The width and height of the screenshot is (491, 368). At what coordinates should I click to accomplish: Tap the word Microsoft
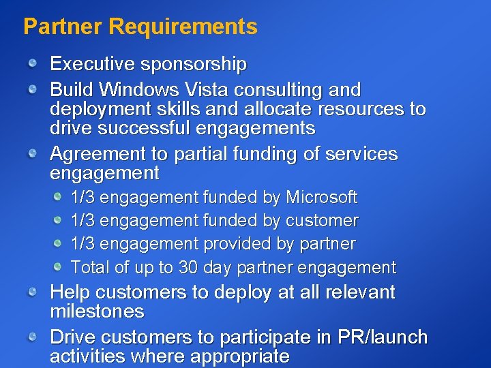[x=321, y=198]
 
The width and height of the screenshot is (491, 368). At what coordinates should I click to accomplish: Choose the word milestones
[x=98, y=311]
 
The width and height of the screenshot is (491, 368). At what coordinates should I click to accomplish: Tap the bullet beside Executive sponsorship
[x=33, y=64]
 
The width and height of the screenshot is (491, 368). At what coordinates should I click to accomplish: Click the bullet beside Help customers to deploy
[x=33, y=292]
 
